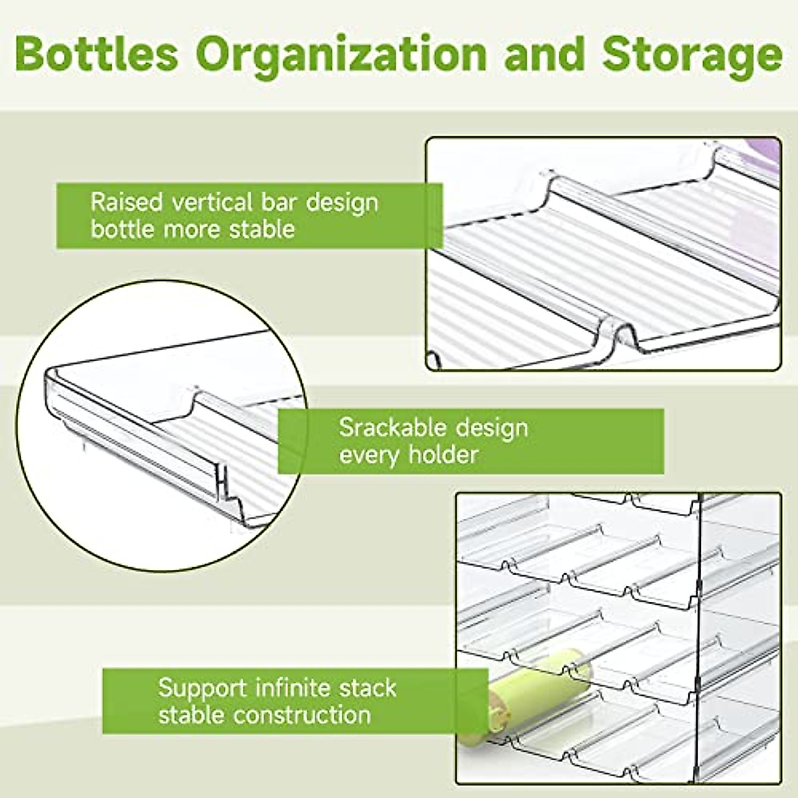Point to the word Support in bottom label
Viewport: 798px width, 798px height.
(202, 688)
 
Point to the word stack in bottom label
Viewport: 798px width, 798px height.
(368, 687)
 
